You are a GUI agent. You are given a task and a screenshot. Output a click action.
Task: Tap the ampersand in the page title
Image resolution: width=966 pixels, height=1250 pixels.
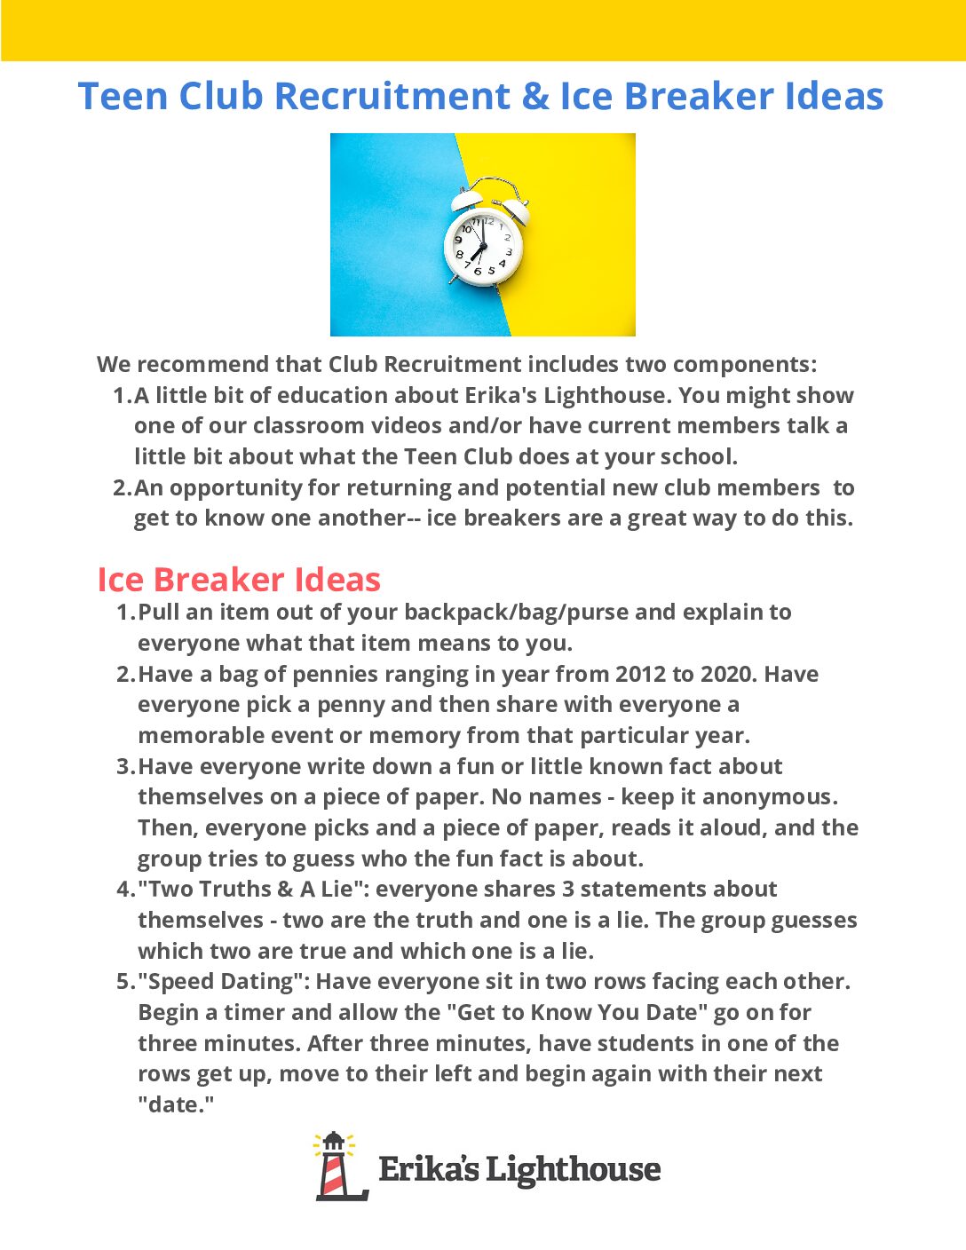point(535,96)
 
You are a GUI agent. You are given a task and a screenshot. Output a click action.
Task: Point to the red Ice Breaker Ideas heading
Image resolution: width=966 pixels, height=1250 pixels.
point(238,580)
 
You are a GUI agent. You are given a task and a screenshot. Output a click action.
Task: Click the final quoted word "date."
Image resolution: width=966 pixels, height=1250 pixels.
point(176,1104)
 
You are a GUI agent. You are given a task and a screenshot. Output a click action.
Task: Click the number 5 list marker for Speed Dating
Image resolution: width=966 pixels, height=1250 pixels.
point(125,981)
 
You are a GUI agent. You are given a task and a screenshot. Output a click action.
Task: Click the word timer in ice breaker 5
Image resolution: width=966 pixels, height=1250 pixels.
point(253,1012)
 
